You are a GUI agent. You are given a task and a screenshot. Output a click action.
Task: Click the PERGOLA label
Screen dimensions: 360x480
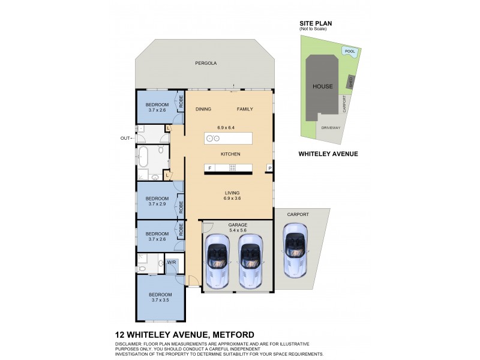[205, 63]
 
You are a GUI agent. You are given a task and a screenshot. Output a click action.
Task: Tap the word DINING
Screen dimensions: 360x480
[205, 109]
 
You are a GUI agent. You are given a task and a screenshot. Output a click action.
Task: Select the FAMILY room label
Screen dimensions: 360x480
[245, 109]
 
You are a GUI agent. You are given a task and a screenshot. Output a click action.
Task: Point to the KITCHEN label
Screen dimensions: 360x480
[230, 154]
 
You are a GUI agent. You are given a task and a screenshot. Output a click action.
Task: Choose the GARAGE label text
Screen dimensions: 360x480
[238, 224]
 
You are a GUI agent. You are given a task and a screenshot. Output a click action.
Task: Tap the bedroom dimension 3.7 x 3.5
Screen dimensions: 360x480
[161, 300]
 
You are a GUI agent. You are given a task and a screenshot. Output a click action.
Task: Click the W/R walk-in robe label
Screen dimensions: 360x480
[171, 262]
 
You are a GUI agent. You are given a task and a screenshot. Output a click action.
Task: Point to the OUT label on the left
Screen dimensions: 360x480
[125, 138]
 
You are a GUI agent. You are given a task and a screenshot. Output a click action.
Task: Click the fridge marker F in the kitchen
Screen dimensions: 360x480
[210, 168]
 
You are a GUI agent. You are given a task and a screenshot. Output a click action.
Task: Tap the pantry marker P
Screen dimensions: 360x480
[270, 168]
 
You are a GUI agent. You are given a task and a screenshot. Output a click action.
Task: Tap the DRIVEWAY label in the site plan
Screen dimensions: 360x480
[331, 128]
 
